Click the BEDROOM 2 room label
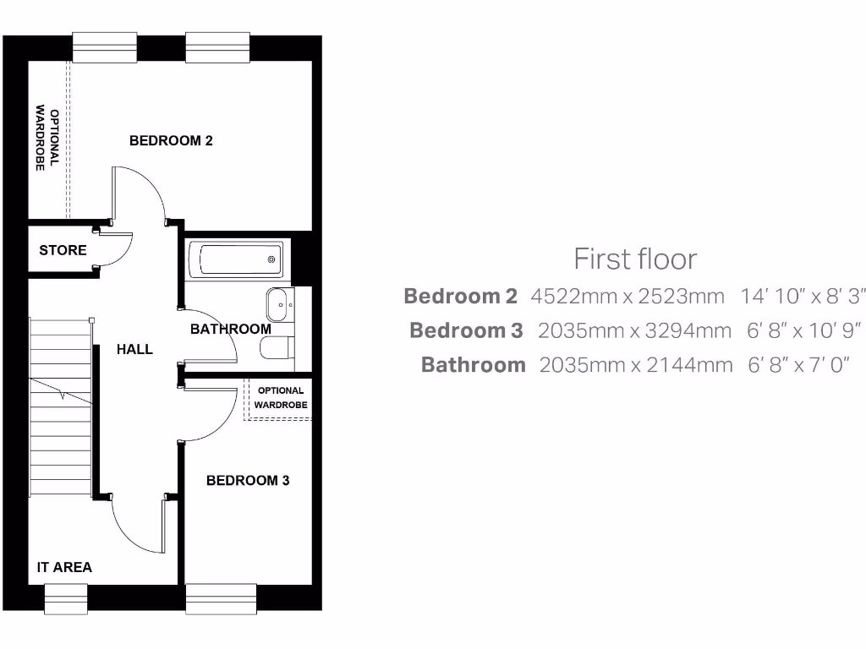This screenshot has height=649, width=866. tap(171, 141)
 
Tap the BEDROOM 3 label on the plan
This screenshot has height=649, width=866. tap(248, 481)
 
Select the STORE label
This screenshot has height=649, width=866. tap(63, 250)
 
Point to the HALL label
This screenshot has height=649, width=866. tap(134, 349)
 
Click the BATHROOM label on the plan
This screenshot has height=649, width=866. tap(230, 329)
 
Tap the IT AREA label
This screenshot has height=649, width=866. tap(64, 567)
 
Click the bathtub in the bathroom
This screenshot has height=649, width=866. tap(236, 259)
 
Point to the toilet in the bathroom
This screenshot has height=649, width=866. tap(277, 348)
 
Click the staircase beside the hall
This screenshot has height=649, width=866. tap(61, 406)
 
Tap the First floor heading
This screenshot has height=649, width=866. tap(635, 259)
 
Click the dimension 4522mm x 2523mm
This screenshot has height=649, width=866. tap(628, 297)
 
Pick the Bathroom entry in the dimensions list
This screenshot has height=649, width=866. tap(473, 365)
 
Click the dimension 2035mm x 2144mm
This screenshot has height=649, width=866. tap(635, 365)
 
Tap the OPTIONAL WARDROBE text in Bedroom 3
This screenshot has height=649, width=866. tap(281, 398)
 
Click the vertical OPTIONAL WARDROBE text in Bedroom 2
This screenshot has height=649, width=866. tap(47, 139)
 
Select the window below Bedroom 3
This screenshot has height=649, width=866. tap(221, 598)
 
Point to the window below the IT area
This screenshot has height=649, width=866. tap(66, 598)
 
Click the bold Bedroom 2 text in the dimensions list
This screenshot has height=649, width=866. tap(460, 297)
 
